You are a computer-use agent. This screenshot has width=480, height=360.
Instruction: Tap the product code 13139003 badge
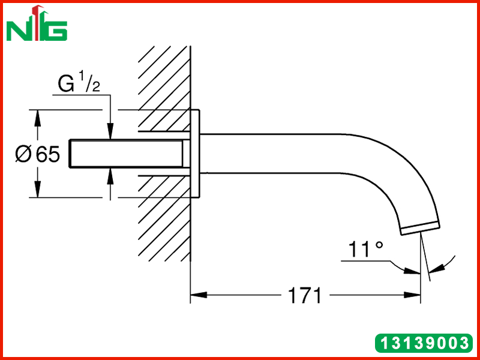(x=424, y=343)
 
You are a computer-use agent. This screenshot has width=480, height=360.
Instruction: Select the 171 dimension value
(x=305, y=295)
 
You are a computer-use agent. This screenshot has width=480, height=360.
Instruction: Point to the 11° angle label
(x=366, y=249)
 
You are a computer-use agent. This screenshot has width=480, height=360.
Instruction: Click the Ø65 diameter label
(x=37, y=154)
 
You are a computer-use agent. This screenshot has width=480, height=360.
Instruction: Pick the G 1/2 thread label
(x=79, y=82)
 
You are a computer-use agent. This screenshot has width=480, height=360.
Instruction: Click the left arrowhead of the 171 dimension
(x=199, y=295)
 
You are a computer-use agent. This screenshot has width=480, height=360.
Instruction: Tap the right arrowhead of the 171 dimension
(x=412, y=295)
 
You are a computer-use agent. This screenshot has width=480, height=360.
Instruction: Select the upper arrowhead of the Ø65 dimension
(x=37, y=118)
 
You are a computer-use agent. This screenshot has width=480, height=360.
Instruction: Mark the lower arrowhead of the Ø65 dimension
(x=37, y=190)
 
